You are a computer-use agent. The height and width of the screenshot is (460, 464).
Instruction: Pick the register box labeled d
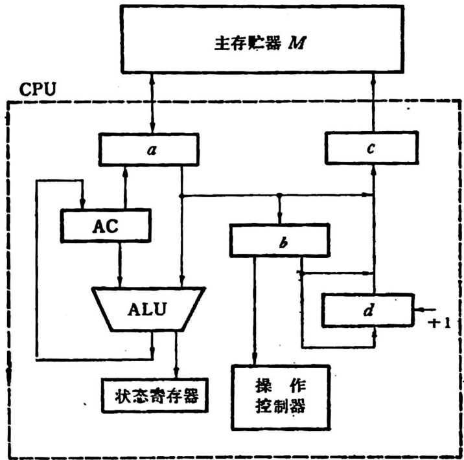tap(367, 310)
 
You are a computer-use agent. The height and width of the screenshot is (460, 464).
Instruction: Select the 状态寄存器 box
tap(156, 395)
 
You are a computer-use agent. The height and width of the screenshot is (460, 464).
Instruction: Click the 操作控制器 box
tap(280, 396)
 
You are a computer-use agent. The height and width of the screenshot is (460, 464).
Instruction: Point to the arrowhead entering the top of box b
tap(279, 218)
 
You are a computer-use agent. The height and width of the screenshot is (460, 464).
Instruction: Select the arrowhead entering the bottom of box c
tap(373, 170)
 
